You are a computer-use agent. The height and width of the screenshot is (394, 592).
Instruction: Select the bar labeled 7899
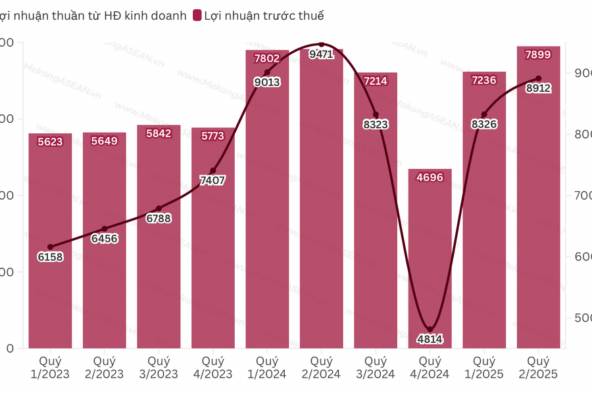point(539,197)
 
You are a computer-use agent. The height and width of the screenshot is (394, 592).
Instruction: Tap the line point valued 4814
point(430,330)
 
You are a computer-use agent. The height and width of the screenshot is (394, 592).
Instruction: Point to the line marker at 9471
point(322,45)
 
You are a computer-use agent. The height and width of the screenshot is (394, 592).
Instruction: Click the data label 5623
point(50,141)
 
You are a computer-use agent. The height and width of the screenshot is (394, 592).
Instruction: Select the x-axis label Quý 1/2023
point(50,367)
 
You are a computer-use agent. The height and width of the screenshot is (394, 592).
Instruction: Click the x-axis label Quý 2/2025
point(539,367)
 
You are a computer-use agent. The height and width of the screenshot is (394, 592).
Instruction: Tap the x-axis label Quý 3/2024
point(376,367)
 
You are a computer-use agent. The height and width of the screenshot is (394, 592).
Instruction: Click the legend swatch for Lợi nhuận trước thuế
point(197,15)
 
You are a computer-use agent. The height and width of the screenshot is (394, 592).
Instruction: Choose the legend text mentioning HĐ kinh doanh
point(92,15)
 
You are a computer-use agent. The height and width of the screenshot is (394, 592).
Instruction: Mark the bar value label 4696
point(430,177)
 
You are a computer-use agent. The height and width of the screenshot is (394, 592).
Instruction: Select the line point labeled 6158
point(51,247)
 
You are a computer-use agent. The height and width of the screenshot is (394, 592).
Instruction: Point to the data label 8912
point(539,88)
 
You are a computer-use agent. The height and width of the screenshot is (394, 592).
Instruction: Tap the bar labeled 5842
point(159,236)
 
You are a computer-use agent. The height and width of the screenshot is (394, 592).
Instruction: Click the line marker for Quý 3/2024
point(376,115)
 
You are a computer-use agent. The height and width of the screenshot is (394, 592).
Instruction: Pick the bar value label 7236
point(484,80)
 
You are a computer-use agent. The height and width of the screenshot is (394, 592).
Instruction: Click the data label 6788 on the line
point(159,218)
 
